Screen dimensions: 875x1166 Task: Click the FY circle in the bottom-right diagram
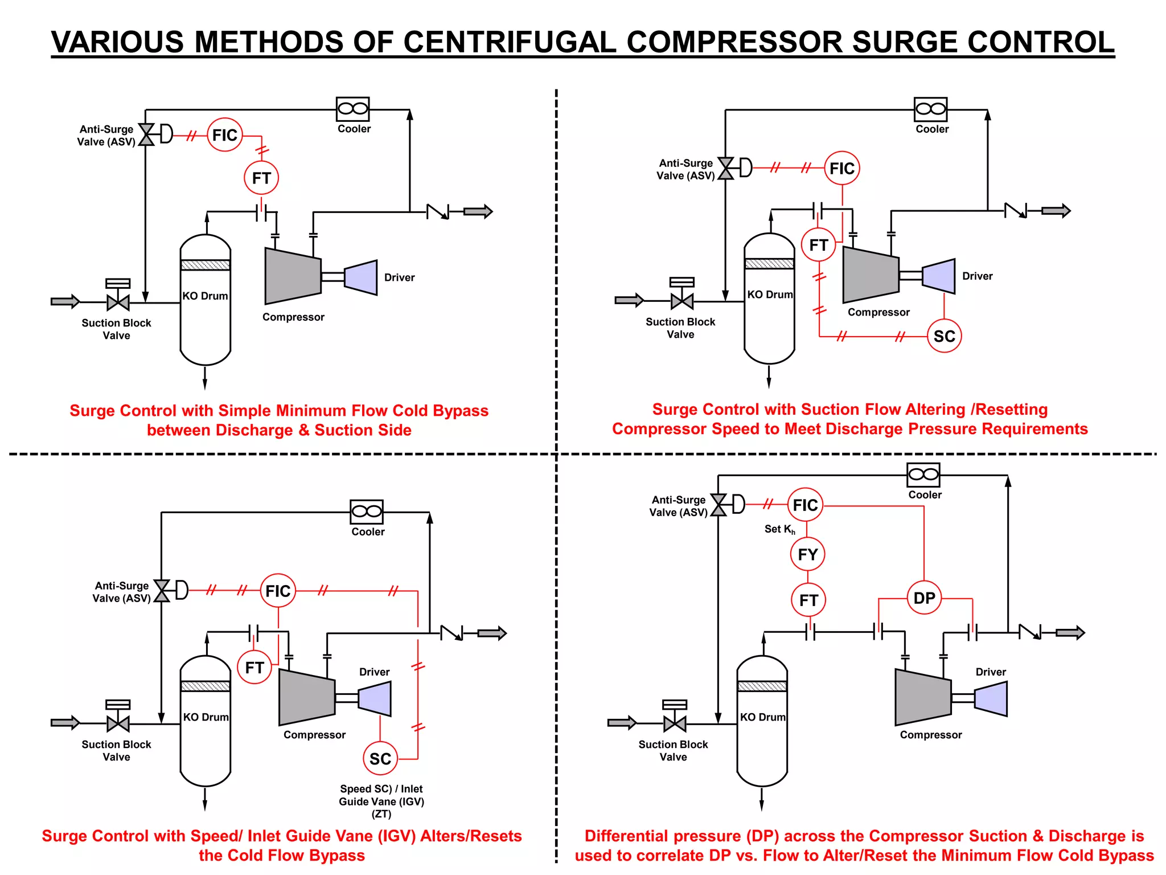coord(807,554)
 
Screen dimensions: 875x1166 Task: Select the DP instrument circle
coord(924,598)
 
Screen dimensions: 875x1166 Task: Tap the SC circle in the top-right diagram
coord(944,336)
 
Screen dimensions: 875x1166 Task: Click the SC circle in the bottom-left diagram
coord(380,759)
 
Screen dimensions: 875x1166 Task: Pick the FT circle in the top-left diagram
coord(261,178)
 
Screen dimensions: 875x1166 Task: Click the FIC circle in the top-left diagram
coord(225,135)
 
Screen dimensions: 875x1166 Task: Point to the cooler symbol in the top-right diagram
coord(931,109)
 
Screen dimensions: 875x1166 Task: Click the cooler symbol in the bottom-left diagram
coord(367,512)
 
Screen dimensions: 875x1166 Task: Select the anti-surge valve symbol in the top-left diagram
coord(147,134)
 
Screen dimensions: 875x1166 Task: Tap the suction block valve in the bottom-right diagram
coord(675,723)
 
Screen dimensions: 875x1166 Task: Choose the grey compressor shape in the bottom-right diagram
coord(922,697)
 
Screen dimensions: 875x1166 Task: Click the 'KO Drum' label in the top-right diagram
coord(770,295)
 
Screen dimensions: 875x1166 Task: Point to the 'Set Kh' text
coord(779,529)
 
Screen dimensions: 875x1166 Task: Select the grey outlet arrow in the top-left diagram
coord(478,212)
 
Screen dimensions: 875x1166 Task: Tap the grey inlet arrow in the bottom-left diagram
coord(65,723)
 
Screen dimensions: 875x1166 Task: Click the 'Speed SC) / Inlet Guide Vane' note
coord(381,795)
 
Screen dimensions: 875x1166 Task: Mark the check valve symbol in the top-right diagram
coord(1016,211)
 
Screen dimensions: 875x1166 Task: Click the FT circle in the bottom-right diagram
coord(808,600)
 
